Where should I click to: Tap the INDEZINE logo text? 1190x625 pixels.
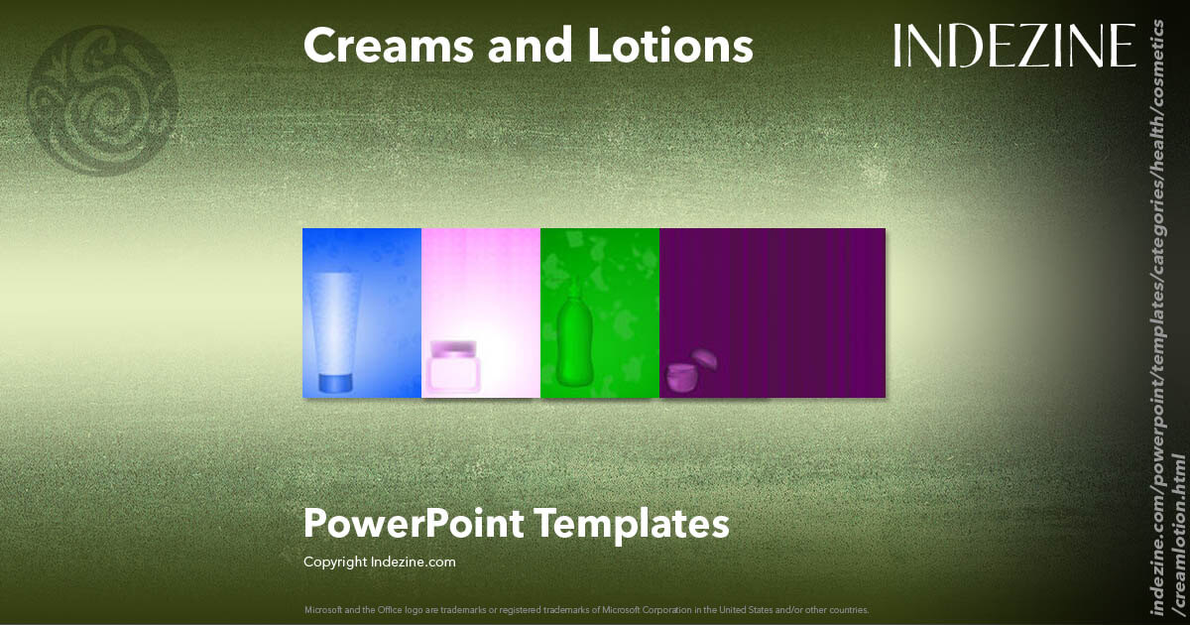pos(1013,47)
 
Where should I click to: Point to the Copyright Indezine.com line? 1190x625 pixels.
pos(379,562)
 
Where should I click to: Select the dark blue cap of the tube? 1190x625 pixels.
pos(335,382)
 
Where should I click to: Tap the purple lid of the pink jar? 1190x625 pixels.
pos(452,348)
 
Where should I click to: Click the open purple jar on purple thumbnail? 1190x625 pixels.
pos(681,378)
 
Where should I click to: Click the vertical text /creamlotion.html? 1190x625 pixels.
pos(1178,536)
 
